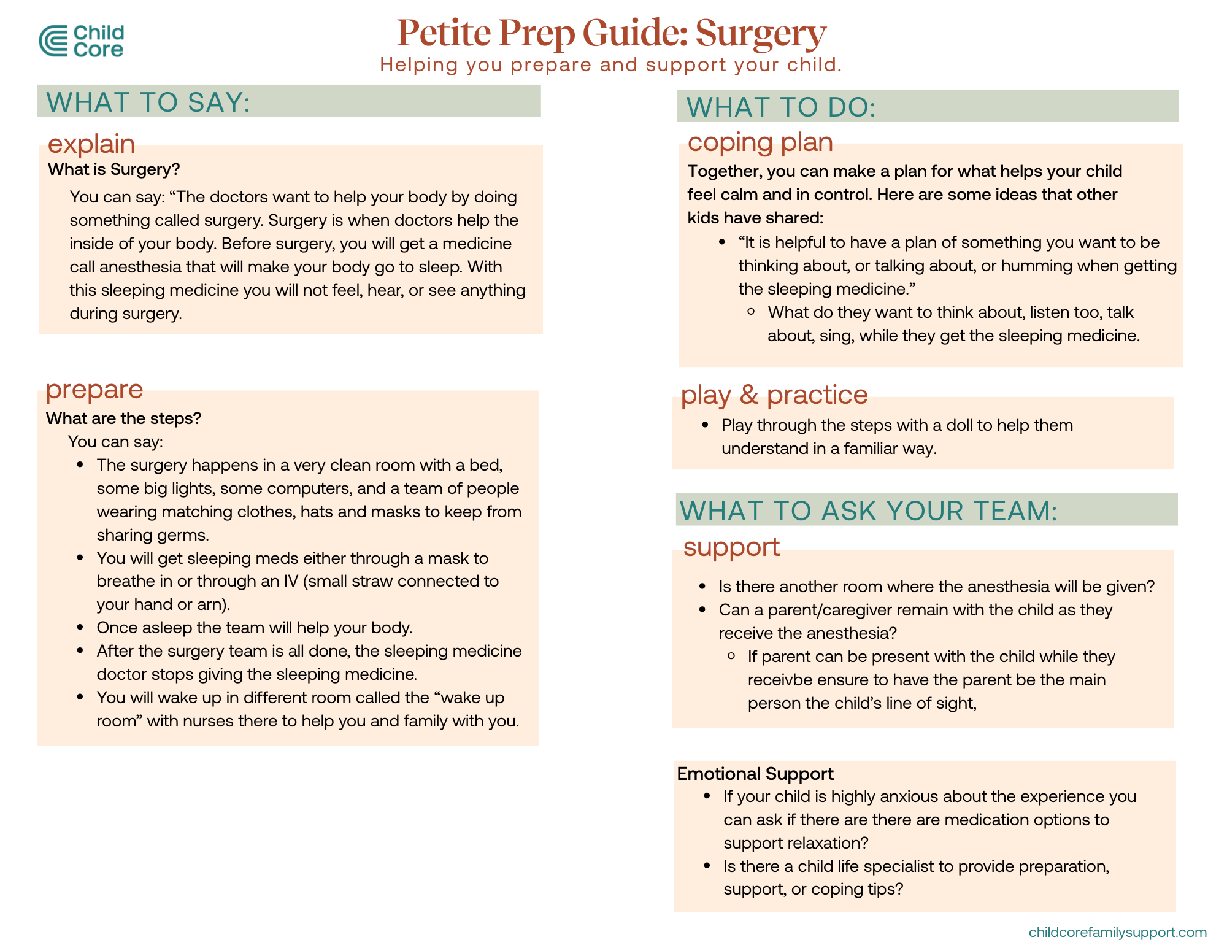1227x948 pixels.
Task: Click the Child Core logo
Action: point(82,41)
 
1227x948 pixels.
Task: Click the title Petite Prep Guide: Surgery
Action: point(611,33)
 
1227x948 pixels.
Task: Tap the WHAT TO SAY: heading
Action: point(148,102)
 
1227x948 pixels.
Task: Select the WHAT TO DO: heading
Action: point(781,107)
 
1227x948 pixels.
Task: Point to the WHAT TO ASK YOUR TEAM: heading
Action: point(869,511)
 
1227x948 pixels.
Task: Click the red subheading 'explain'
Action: point(91,144)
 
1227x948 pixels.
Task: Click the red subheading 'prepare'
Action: point(94,389)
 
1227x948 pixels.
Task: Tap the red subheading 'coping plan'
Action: point(760,142)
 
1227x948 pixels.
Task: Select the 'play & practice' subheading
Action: point(774,395)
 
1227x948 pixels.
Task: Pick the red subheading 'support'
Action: point(731,546)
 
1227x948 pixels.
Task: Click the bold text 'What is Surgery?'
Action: point(114,169)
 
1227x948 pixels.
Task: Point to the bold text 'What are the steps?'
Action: point(124,418)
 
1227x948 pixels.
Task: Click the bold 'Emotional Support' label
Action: point(755,774)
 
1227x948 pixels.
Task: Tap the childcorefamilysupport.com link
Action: point(1117,932)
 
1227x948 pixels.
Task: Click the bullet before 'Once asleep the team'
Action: point(80,627)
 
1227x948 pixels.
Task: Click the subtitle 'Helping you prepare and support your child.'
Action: point(610,64)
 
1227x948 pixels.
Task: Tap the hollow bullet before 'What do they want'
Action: point(751,312)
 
